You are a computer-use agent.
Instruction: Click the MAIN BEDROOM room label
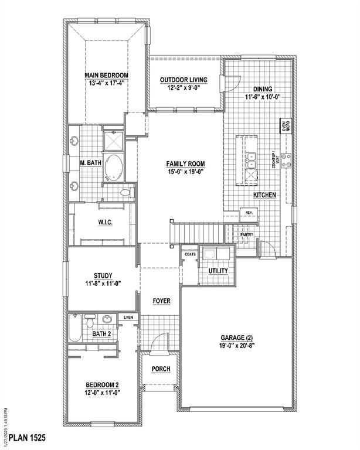106,75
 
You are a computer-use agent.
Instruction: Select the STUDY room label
103,275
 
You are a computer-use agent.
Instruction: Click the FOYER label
161,301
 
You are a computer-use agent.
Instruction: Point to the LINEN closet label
128,318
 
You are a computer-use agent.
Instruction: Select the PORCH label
161,369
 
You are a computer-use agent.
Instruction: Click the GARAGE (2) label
237,337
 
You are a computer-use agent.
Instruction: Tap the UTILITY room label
218,271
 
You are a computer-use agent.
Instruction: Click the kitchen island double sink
251,158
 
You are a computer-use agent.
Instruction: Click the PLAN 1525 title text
26,438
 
